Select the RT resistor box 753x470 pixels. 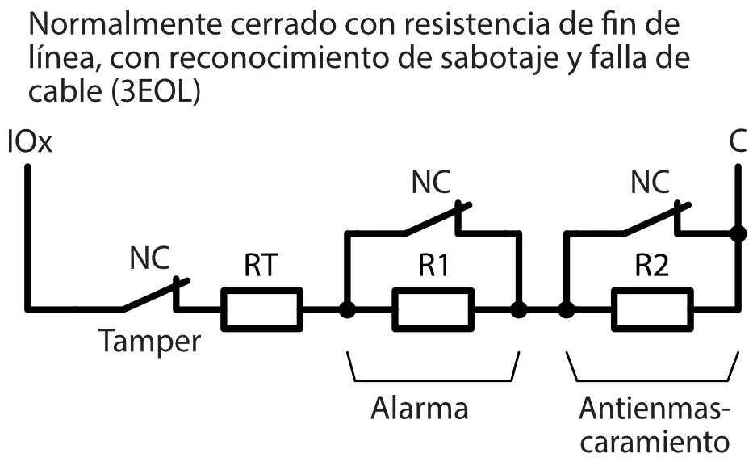point(262,308)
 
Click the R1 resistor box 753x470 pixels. point(433,308)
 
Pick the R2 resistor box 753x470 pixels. point(652,308)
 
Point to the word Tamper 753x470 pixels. point(149,342)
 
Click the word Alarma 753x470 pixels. point(419,408)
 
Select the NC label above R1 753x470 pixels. point(432,183)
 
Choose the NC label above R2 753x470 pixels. point(650,183)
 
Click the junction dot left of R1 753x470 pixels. point(347,308)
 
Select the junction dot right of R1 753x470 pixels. point(519,308)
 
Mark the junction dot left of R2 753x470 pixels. point(567,308)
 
